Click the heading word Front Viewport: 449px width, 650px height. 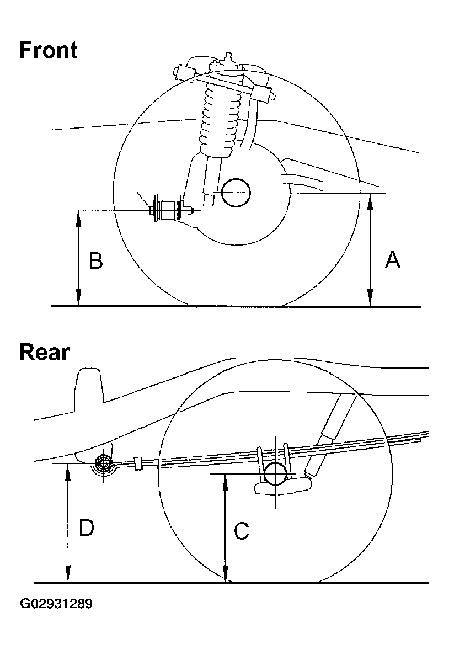tap(48, 50)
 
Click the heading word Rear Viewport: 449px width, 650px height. tap(44, 351)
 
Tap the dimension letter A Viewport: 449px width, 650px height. tap(392, 259)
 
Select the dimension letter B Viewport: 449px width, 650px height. tap(96, 260)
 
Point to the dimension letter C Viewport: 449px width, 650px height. tap(241, 531)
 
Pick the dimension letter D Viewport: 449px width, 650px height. tap(86, 528)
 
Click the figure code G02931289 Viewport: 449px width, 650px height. tap(56, 604)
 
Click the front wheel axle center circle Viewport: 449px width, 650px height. tap(236, 193)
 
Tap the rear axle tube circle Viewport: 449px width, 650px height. tap(275, 473)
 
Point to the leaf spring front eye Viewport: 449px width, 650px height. tap(103, 463)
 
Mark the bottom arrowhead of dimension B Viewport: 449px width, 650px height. tap(79, 300)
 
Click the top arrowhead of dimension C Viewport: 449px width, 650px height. tap(225, 478)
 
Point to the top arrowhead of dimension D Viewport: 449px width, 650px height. tap(68, 468)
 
